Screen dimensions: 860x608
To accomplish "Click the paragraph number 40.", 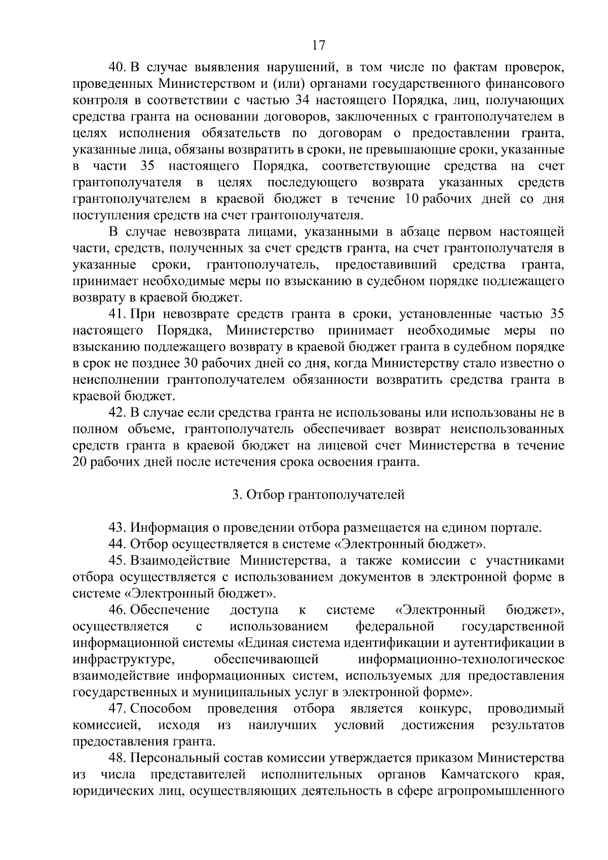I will coord(119,67).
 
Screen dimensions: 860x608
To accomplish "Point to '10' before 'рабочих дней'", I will coord(411,199).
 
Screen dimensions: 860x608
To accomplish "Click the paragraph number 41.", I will coord(119,315).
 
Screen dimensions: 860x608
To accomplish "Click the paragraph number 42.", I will coord(119,413).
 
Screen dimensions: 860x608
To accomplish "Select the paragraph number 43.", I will coord(119,528).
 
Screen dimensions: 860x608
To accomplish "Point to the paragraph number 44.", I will coord(119,544).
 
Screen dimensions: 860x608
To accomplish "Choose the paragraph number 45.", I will coord(119,560).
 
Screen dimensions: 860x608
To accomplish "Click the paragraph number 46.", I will coord(119,610).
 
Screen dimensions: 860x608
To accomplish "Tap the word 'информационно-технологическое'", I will coord(461,659).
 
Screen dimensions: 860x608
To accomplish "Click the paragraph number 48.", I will coord(119,758).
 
